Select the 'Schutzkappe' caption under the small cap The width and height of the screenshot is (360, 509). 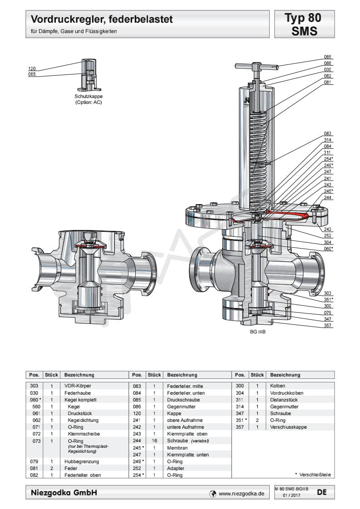(89, 97)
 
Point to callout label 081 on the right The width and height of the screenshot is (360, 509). (328, 83)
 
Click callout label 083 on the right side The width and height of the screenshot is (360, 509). (328, 134)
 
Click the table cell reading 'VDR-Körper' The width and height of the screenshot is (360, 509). (75, 385)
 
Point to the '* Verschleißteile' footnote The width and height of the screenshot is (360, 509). (312, 475)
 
